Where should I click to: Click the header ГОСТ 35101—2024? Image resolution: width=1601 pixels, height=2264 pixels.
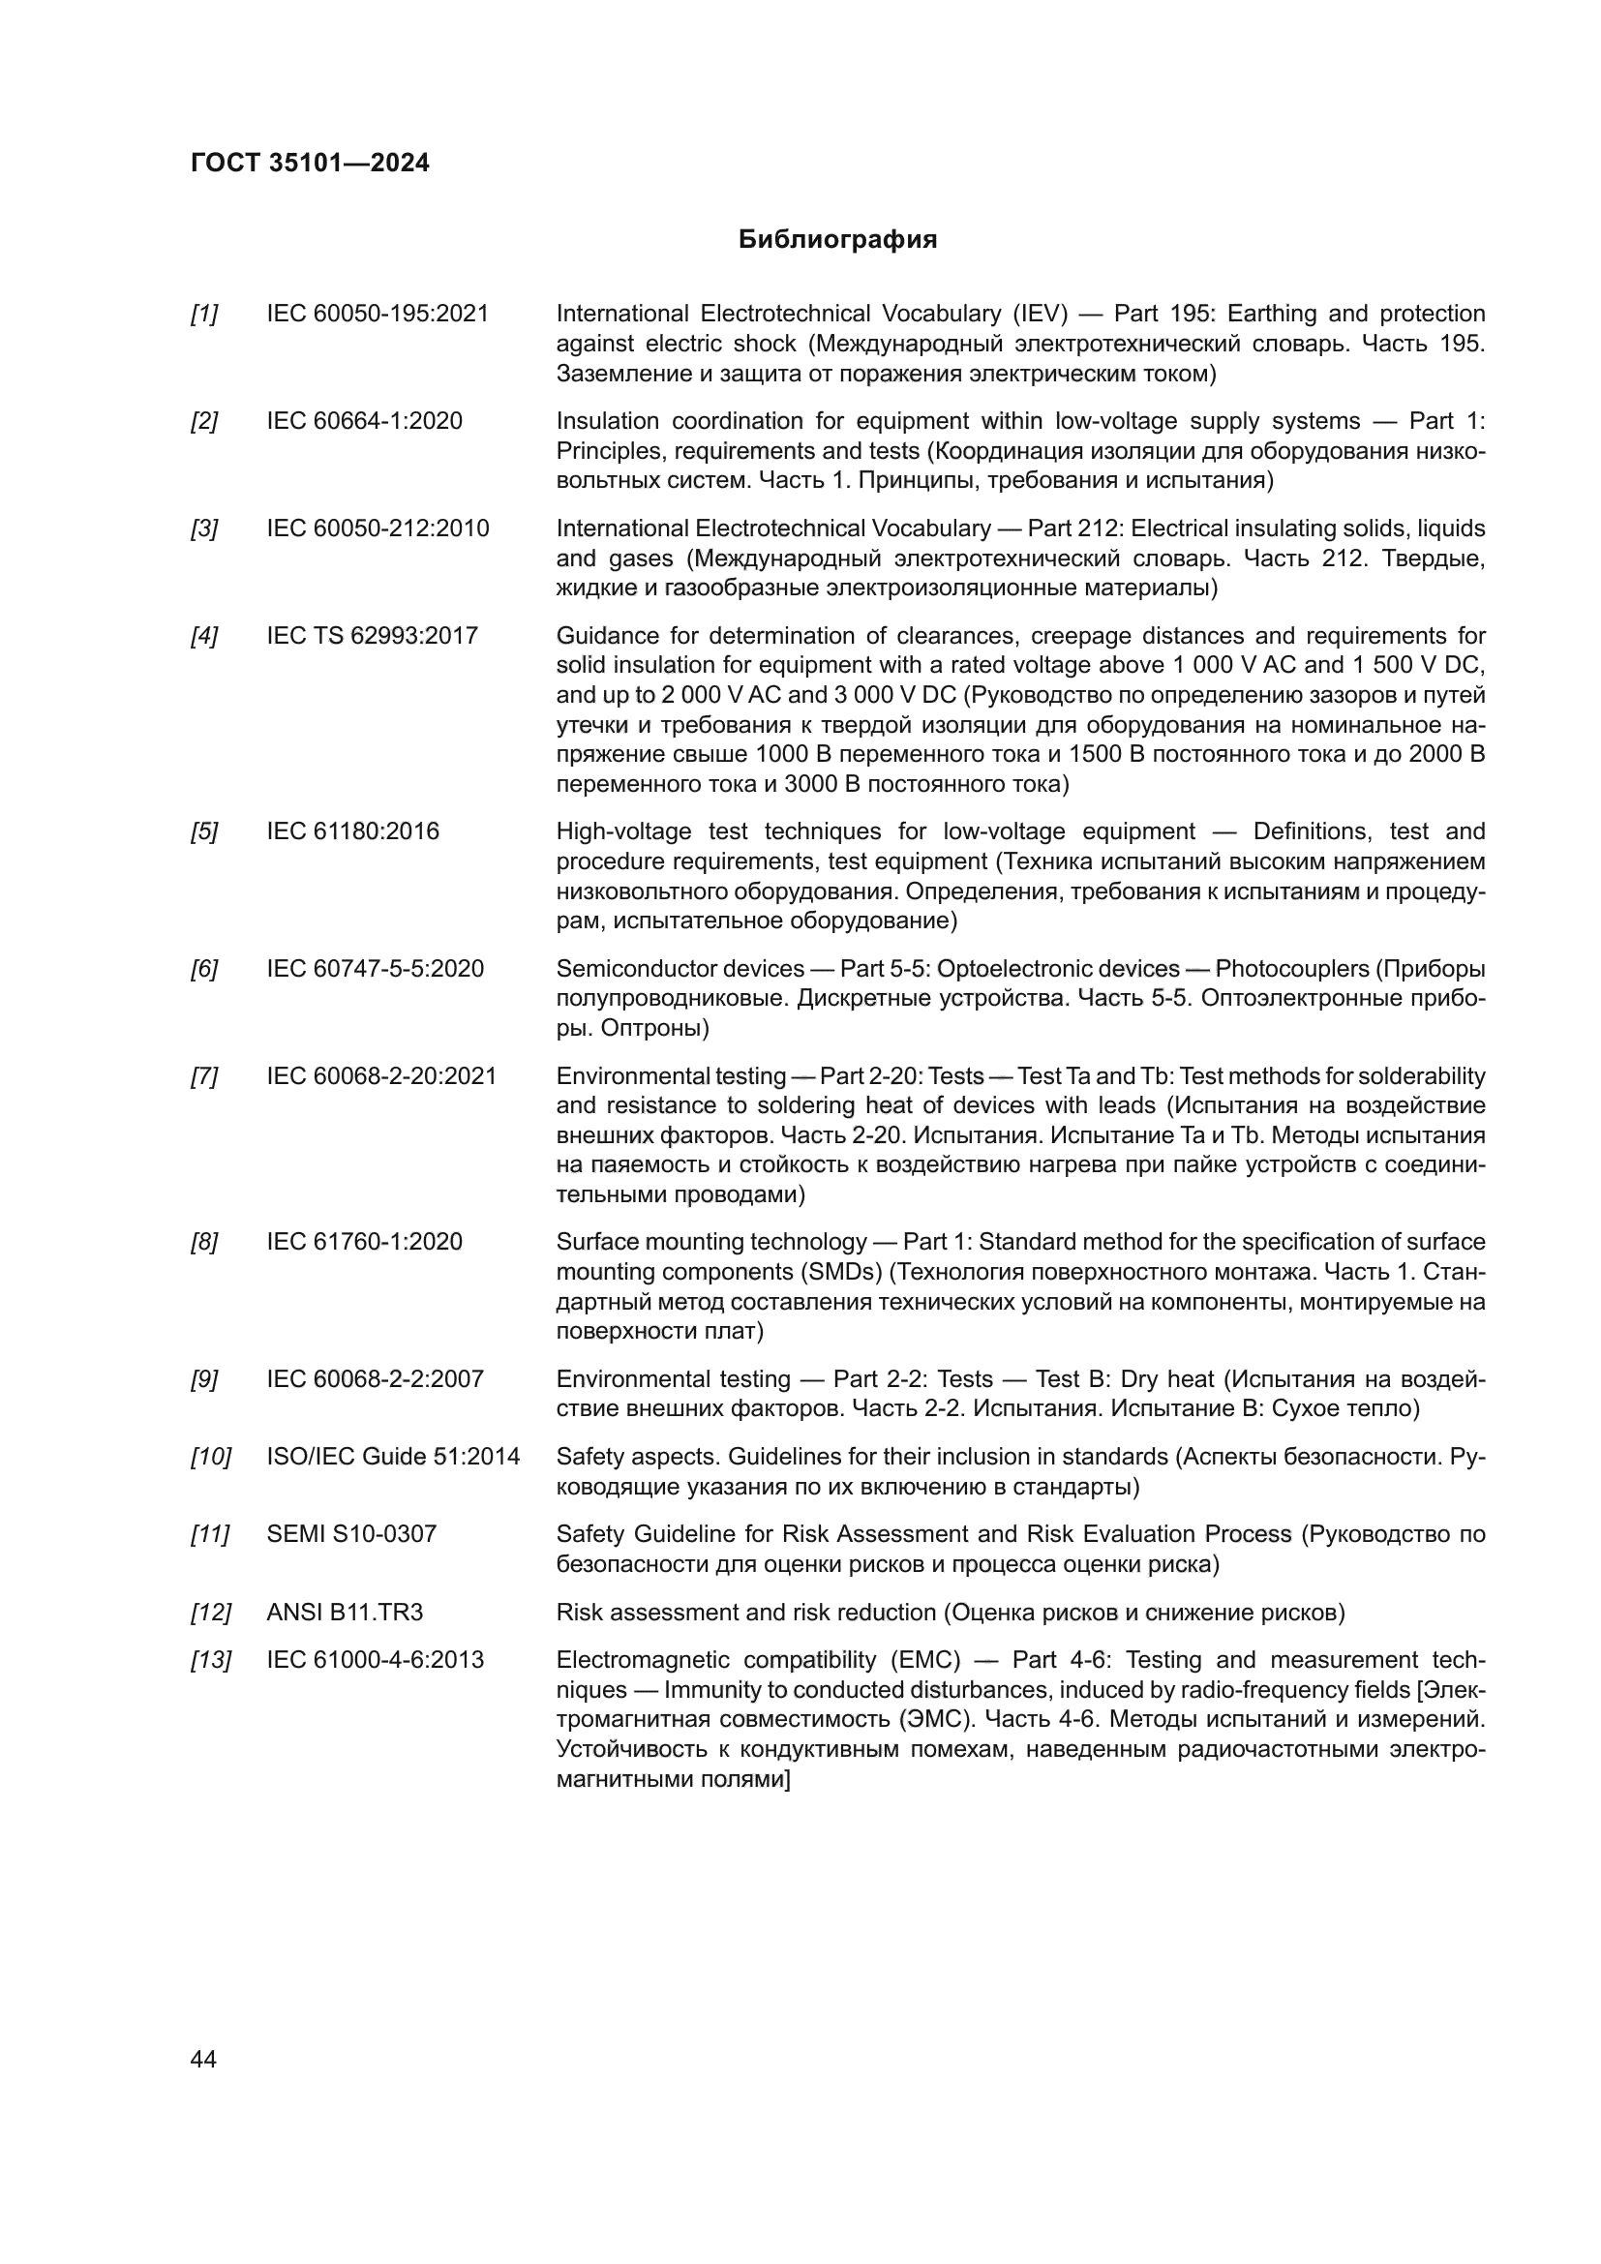pyautogui.click(x=310, y=163)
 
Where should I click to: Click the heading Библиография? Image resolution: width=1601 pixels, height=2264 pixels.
pyautogui.click(x=837, y=240)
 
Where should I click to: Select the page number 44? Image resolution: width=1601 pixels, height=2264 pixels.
pyautogui.click(x=203, y=2059)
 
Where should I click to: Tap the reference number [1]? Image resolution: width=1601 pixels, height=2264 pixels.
pyautogui.click(x=204, y=315)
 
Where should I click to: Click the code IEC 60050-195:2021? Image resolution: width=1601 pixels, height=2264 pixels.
pyautogui.click(x=378, y=315)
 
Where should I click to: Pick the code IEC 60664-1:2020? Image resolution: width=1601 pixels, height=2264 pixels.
pyautogui.click(x=364, y=421)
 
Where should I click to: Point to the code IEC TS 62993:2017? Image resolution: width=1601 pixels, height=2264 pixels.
pyautogui.click(x=372, y=636)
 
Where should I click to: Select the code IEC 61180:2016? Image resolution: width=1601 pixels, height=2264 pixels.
pyautogui.click(x=352, y=831)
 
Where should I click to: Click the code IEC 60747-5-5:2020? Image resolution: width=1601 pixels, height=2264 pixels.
pyautogui.click(x=375, y=968)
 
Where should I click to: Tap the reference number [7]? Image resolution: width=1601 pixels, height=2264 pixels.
pyautogui.click(x=204, y=1075)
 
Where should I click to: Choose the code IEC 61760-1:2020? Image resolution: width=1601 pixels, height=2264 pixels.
pyautogui.click(x=364, y=1242)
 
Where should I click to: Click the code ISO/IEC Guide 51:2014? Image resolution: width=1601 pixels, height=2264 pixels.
pyautogui.click(x=392, y=1457)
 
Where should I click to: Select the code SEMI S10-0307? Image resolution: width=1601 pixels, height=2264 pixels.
pyautogui.click(x=351, y=1533)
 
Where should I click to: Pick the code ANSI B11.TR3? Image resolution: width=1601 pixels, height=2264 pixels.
pyautogui.click(x=344, y=1613)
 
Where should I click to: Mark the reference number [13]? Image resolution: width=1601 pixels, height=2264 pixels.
pyautogui.click(x=210, y=1660)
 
